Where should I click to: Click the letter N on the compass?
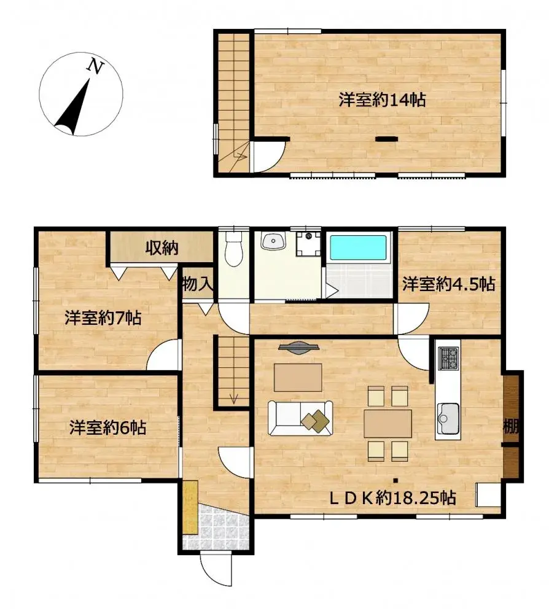[95, 66]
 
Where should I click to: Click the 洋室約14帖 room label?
[382, 100]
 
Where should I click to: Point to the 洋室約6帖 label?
[107, 427]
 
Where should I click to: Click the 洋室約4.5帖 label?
[449, 284]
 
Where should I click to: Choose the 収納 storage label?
[162, 248]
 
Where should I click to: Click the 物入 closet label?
[197, 284]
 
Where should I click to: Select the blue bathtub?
[359, 249]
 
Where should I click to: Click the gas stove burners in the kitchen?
[448, 357]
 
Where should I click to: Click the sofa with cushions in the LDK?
[300, 418]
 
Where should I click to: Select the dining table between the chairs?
[387, 424]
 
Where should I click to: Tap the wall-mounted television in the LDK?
[298, 348]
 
